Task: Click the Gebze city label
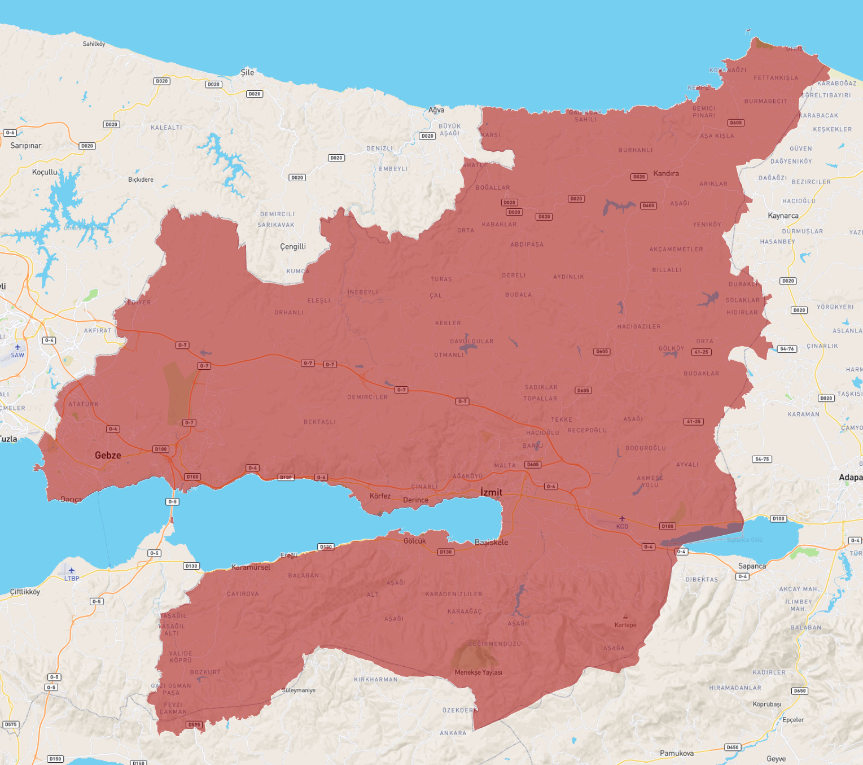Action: pyautogui.click(x=108, y=455)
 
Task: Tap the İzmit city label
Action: pyautogui.click(x=491, y=492)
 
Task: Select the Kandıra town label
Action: pyautogui.click(x=666, y=173)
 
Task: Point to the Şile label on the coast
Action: pyautogui.click(x=247, y=72)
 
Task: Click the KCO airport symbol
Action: pyautogui.click(x=622, y=518)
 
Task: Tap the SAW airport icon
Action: pyautogui.click(x=17, y=347)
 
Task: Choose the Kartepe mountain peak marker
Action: pyautogui.click(x=625, y=617)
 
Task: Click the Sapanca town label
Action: pyautogui.click(x=752, y=566)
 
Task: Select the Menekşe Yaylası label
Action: pyautogui.click(x=479, y=672)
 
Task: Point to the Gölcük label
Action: pyautogui.click(x=415, y=541)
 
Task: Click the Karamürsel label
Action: pyautogui.click(x=251, y=567)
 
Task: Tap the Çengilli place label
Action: pyautogui.click(x=293, y=247)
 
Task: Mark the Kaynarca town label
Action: pyautogui.click(x=783, y=216)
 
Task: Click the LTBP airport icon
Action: pyautogui.click(x=72, y=571)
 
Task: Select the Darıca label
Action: pyautogui.click(x=71, y=499)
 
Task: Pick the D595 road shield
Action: pyautogui.click(x=194, y=724)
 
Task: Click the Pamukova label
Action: pyautogui.click(x=676, y=753)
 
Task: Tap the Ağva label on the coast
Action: pyautogui.click(x=436, y=110)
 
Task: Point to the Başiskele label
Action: pyautogui.click(x=491, y=542)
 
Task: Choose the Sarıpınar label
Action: pyautogui.click(x=26, y=146)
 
